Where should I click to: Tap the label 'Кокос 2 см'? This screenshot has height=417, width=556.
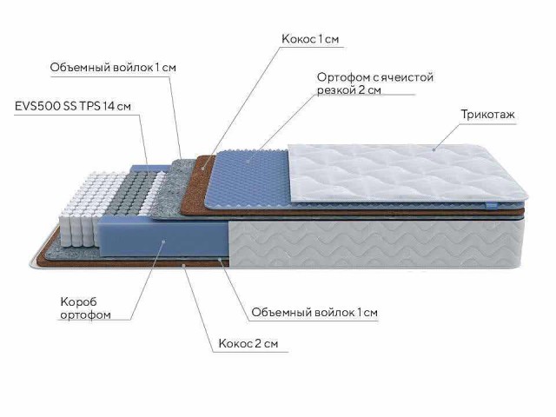pos(248,344)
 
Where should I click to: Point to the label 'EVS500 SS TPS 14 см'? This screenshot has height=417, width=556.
pos(73,106)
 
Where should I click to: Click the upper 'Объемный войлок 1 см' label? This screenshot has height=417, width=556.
pos(119,66)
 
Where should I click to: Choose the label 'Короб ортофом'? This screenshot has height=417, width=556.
pos(85,308)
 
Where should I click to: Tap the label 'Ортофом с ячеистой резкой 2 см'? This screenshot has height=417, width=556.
pos(374,84)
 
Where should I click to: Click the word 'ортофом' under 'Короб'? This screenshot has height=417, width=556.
pos(85,314)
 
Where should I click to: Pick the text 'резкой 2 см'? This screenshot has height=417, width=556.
pos(348,91)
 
